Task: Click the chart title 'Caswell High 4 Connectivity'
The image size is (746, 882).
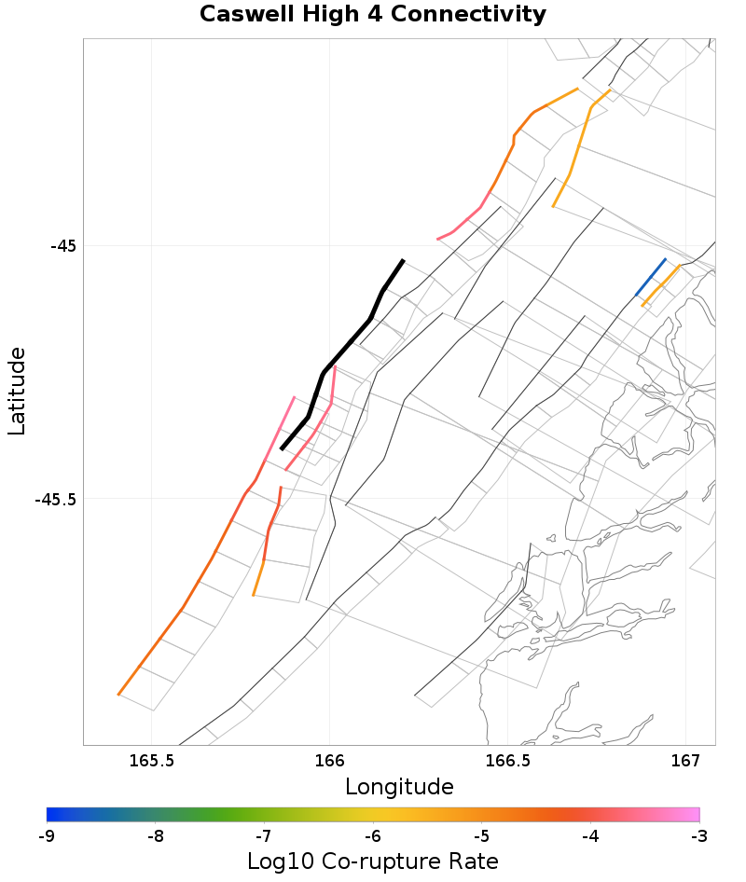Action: pyautogui.click(x=372, y=15)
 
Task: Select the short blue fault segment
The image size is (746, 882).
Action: pyautogui.click(x=651, y=277)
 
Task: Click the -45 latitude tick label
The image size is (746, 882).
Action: pyautogui.click(x=63, y=246)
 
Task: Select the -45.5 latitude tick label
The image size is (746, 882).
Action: pyautogui.click(x=57, y=499)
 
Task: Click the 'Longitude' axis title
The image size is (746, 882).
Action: pyautogui.click(x=399, y=787)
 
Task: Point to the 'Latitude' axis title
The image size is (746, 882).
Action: pyautogui.click(x=17, y=391)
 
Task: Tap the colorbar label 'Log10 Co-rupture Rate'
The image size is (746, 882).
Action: pyautogui.click(x=372, y=861)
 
